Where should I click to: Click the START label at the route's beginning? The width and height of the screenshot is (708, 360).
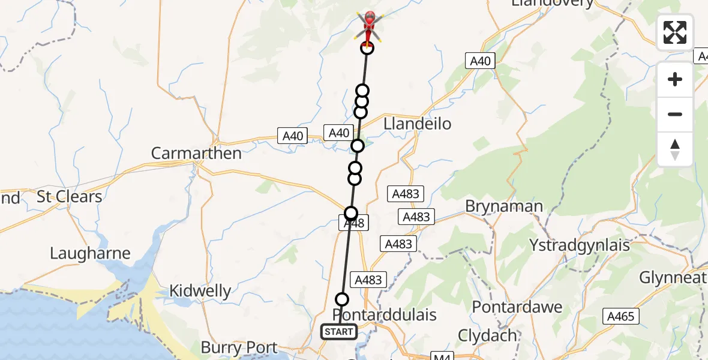[339, 331]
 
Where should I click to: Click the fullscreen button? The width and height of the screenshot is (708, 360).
[675, 32]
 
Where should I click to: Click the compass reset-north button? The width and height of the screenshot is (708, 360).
[675, 149]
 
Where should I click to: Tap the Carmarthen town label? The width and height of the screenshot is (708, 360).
[196, 153]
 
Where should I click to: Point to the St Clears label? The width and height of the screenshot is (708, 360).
[70, 196]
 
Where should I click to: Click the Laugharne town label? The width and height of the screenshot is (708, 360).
[90, 253]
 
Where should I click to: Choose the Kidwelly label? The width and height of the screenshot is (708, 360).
[200, 292]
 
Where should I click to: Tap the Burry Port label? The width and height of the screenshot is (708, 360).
[239, 347]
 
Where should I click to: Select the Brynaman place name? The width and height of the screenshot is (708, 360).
[504, 206]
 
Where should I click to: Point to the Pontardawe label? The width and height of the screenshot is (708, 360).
[517, 307]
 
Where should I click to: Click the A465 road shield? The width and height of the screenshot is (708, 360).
[620, 316]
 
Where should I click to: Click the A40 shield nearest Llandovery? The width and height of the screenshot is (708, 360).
[480, 61]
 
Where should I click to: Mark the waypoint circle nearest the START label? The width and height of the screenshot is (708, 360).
[341, 299]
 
